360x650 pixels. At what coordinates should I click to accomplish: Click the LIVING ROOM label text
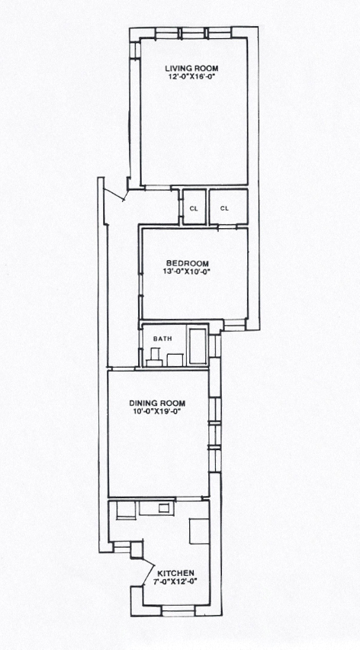(191, 69)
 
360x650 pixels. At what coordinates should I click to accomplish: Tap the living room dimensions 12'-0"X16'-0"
(191, 76)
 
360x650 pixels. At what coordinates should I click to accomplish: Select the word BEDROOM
(188, 263)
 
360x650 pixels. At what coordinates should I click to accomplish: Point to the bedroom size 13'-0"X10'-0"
(188, 272)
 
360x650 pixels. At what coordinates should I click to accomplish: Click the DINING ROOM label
(157, 403)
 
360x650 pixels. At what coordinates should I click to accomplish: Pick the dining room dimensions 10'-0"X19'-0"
(157, 411)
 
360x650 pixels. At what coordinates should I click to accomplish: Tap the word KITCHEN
(175, 573)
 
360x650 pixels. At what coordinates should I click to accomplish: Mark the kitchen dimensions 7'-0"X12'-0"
(175, 581)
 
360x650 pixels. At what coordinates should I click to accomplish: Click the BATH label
(162, 339)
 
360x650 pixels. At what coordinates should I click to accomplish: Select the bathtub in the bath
(198, 346)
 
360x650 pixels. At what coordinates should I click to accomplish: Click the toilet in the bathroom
(154, 357)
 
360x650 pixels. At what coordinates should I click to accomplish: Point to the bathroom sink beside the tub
(175, 360)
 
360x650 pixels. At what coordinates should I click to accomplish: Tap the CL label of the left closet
(194, 208)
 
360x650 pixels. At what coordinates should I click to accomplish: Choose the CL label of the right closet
(224, 208)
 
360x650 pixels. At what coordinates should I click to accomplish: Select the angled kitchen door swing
(147, 572)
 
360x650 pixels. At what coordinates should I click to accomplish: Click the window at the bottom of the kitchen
(178, 610)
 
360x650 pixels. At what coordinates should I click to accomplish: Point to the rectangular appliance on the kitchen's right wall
(199, 531)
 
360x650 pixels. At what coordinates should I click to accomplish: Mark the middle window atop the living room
(193, 33)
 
